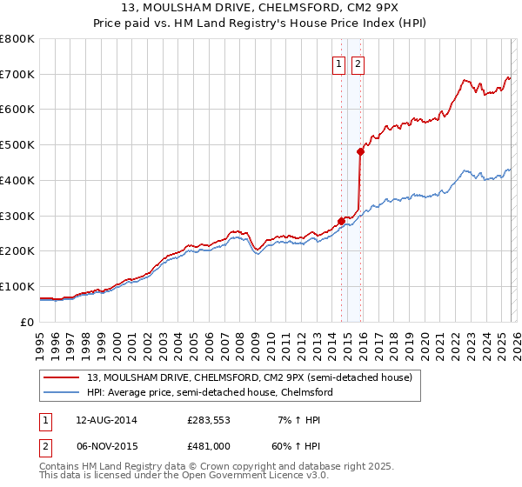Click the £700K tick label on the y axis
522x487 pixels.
(x=17, y=74)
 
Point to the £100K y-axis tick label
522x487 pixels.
(x=17, y=286)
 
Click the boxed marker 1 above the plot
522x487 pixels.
(x=338, y=62)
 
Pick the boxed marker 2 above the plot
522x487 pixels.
(x=358, y=62)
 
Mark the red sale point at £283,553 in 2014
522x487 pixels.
(x=341, y=221)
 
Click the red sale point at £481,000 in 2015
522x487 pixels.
(x=360, y=151)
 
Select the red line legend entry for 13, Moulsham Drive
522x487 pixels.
(x=252, y=377)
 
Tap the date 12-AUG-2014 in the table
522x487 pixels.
(x=106, y=420)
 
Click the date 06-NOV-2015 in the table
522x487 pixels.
(x=106, y=445)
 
